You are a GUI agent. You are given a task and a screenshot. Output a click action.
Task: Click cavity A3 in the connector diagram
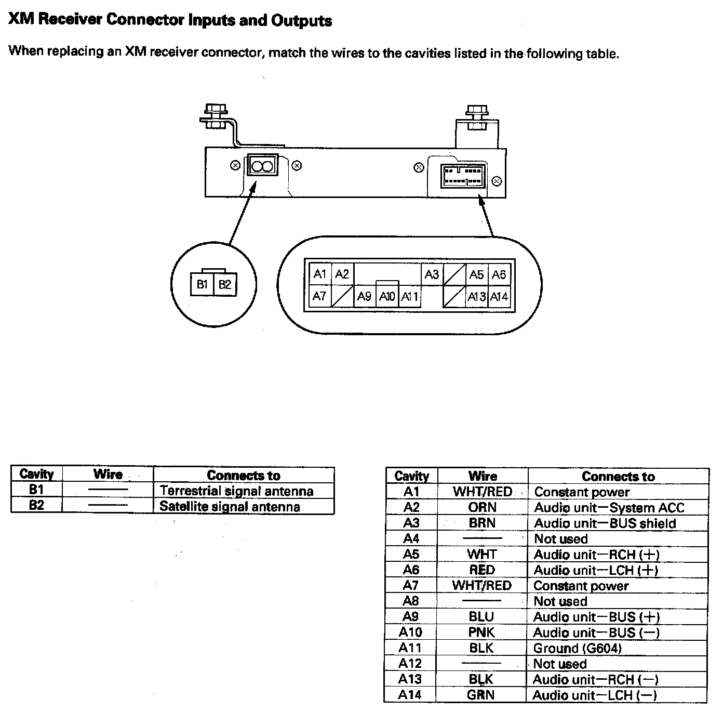[432, 274]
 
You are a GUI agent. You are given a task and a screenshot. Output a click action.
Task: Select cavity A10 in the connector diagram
[387, 297]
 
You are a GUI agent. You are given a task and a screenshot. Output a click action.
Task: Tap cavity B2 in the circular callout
[225, 285]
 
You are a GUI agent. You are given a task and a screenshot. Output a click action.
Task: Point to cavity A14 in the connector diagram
[499, 297]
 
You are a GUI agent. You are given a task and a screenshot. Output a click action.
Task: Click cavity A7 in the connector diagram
[319, 296]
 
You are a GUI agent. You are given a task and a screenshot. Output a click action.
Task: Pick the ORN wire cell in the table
[482, 507]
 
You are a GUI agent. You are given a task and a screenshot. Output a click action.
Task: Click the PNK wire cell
[482, 632]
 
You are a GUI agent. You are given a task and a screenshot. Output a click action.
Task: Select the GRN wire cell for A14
[481, 695]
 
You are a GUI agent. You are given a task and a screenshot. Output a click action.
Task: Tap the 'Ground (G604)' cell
[577, 648]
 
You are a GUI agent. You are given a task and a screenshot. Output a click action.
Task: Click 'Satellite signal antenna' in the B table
[230, 507]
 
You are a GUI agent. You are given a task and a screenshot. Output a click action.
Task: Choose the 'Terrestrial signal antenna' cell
[236, 491]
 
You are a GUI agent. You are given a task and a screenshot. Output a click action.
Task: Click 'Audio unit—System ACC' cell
[609, 508]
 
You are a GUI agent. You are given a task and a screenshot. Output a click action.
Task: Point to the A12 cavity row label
[410, 664]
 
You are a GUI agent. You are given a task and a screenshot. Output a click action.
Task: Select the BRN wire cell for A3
[482, 523]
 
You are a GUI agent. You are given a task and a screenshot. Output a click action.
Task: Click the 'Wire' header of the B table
[108, 474]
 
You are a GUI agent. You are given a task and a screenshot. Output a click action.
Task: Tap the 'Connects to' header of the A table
[618, 477]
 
